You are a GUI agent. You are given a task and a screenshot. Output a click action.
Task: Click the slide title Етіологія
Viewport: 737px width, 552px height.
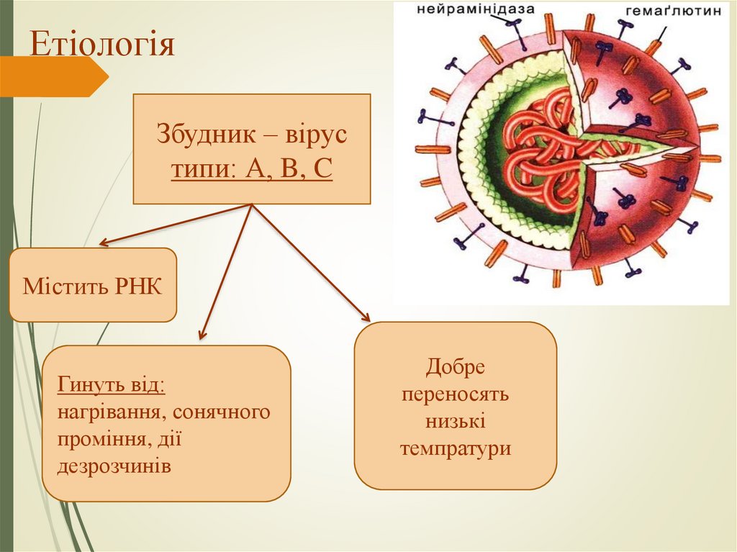[102, 45]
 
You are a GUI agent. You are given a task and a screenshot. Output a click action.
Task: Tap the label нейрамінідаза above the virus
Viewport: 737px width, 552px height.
[474, 9]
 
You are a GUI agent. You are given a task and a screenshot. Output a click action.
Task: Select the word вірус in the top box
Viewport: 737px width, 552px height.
[317, 135]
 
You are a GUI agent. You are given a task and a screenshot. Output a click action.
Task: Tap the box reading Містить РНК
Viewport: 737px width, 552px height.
[93, 285]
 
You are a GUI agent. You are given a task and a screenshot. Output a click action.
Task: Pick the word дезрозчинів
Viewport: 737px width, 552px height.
[115, 466]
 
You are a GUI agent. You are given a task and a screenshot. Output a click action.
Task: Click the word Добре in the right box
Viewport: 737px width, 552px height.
[455, 367]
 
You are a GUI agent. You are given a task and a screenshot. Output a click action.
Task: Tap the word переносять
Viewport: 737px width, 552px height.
[456, 394]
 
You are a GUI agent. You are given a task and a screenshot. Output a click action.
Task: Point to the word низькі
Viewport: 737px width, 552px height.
[455, 422]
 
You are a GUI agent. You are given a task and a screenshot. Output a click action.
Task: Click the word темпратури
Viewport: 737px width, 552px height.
[456, 449]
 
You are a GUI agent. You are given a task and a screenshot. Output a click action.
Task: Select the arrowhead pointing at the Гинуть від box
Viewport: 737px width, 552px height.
[202, 335]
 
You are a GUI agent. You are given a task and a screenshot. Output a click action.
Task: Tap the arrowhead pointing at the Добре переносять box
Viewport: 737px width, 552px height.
[366, 317]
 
